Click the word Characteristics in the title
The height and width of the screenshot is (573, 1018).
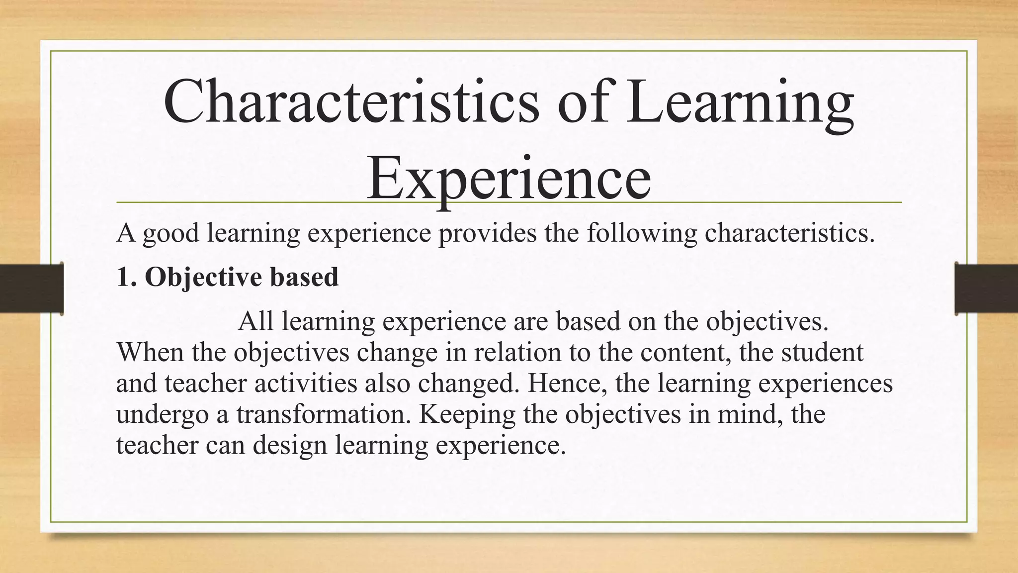click(x=350, y=102)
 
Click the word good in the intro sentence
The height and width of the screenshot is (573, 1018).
click(x=171, y=234)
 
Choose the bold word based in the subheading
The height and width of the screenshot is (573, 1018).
click(x=304, y=277)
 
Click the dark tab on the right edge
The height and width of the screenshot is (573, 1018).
click(x=986, y=288)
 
